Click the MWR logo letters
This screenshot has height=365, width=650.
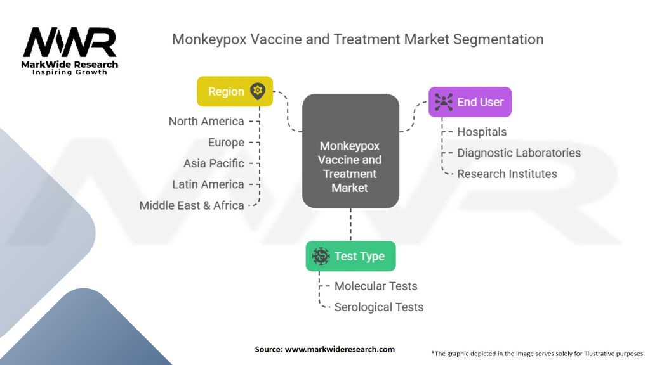pos(70,43)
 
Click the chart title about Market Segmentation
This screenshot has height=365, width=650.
pos(357,39)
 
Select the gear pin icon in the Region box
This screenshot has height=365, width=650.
pos(257,91)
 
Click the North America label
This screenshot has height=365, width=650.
pos(206,121)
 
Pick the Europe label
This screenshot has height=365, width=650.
pos(226,142)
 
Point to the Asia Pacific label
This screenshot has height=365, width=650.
pos(214,163)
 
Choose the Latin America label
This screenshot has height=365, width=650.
pos(208,184)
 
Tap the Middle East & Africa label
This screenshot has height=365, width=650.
pos(192,205)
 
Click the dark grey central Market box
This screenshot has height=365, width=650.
pos(350,151)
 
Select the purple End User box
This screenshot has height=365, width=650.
pos(470,102)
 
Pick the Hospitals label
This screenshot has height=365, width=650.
pos(482,132)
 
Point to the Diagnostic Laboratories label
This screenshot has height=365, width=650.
pos(519,153)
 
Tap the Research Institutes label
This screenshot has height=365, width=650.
pos(507,174)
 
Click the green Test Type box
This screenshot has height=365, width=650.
pos(350,256)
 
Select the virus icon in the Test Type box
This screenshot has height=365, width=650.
pos(321,256)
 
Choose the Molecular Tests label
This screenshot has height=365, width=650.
pos(376,286)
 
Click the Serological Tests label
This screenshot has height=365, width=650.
pos(378,307)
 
